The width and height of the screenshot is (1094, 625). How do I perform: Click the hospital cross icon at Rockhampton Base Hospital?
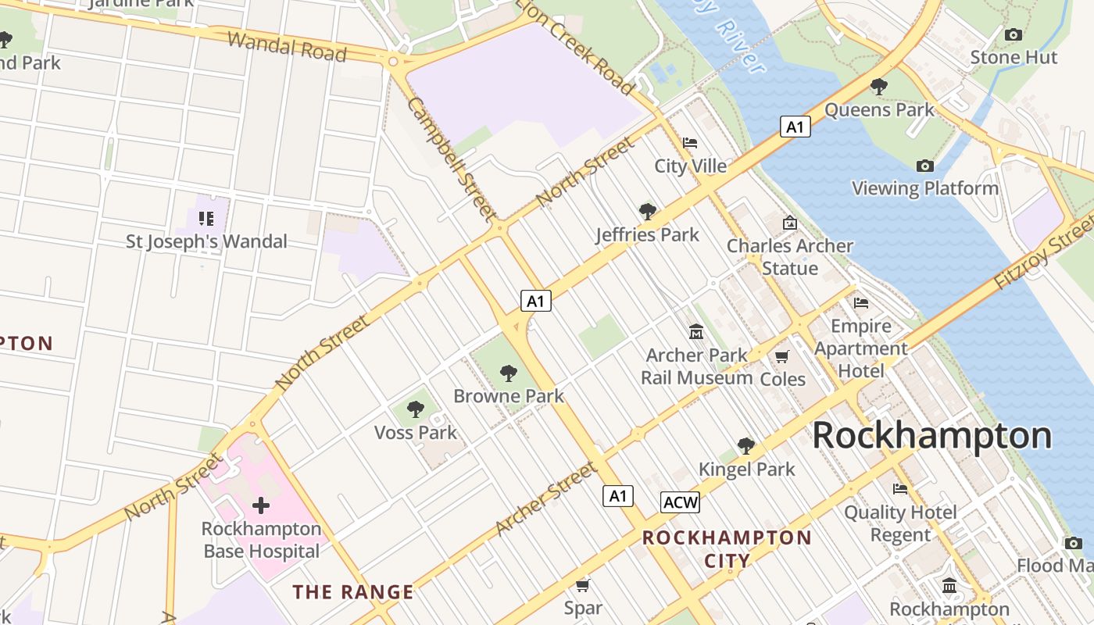click(x=261, y=505)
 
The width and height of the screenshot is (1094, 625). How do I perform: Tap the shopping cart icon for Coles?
click(x=781, y=357)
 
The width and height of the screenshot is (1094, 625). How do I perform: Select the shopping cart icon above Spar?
click(x=582, y=585)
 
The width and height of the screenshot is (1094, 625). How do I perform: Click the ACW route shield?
click(x=680, y=502)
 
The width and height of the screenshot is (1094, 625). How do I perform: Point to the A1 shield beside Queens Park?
click(x=795, y=127)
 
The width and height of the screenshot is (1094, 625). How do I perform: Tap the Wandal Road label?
click(x=287, y=47)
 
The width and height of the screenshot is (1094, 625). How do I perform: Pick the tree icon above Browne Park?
click(x=509, y=373)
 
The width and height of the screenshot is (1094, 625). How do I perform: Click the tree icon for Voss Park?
click(x=416, y=409)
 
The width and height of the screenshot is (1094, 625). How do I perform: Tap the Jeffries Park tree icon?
click(x=647, y=211)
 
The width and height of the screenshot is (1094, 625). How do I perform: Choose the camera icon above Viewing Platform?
click(x=925, y=166)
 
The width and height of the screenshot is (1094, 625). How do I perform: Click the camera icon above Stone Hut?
click(x=1014, y=34)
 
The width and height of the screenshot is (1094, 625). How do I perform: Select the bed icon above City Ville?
click(x=690, y=143)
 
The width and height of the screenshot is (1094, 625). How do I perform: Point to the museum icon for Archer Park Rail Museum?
click(x=696, y=332)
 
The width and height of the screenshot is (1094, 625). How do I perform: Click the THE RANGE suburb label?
click(x=353, y=592)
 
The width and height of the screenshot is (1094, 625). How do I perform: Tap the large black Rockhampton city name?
click(x=932, y=436)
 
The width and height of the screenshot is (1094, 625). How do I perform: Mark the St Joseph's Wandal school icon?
click(x=206, y=219)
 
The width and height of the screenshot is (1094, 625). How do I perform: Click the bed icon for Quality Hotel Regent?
click(x=900, y=490)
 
